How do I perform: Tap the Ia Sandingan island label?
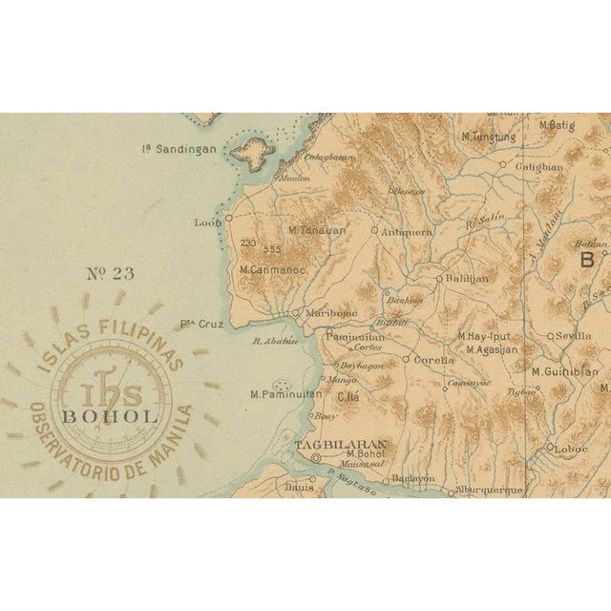coord(180,148)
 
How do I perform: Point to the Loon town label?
coord(207,222)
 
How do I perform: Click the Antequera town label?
coord(408,231)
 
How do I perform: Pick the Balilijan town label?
coord(468,279)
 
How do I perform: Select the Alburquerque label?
coord(490,490)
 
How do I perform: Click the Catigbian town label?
coord(539,166)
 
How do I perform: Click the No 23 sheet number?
coord(111,274)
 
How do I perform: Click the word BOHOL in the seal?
coord(111,416)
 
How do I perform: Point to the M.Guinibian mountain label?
coord(565,371)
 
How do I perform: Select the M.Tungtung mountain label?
coord(488,137)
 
